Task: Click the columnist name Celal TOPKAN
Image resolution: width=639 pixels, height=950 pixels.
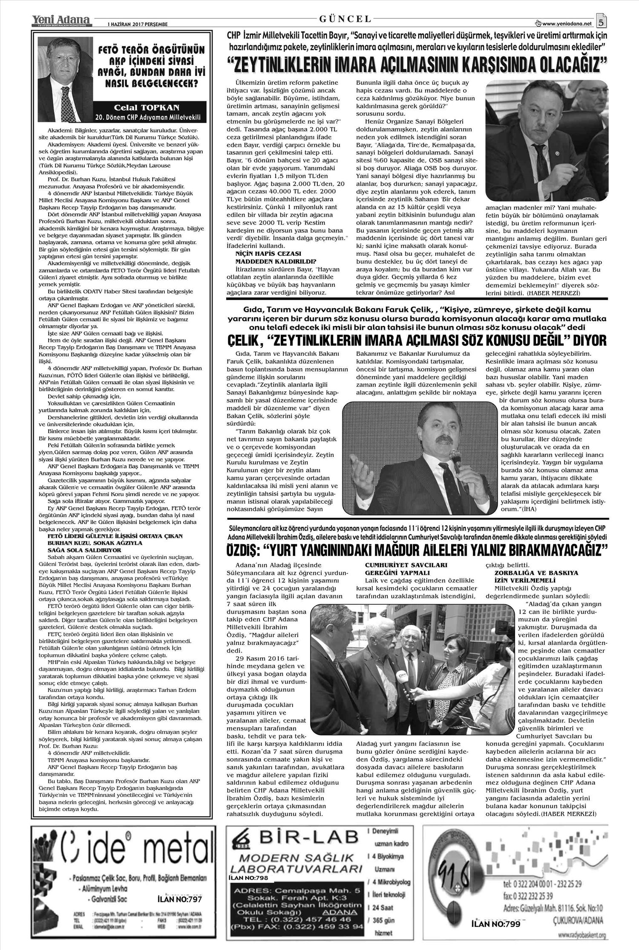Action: (x=147, y=108)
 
